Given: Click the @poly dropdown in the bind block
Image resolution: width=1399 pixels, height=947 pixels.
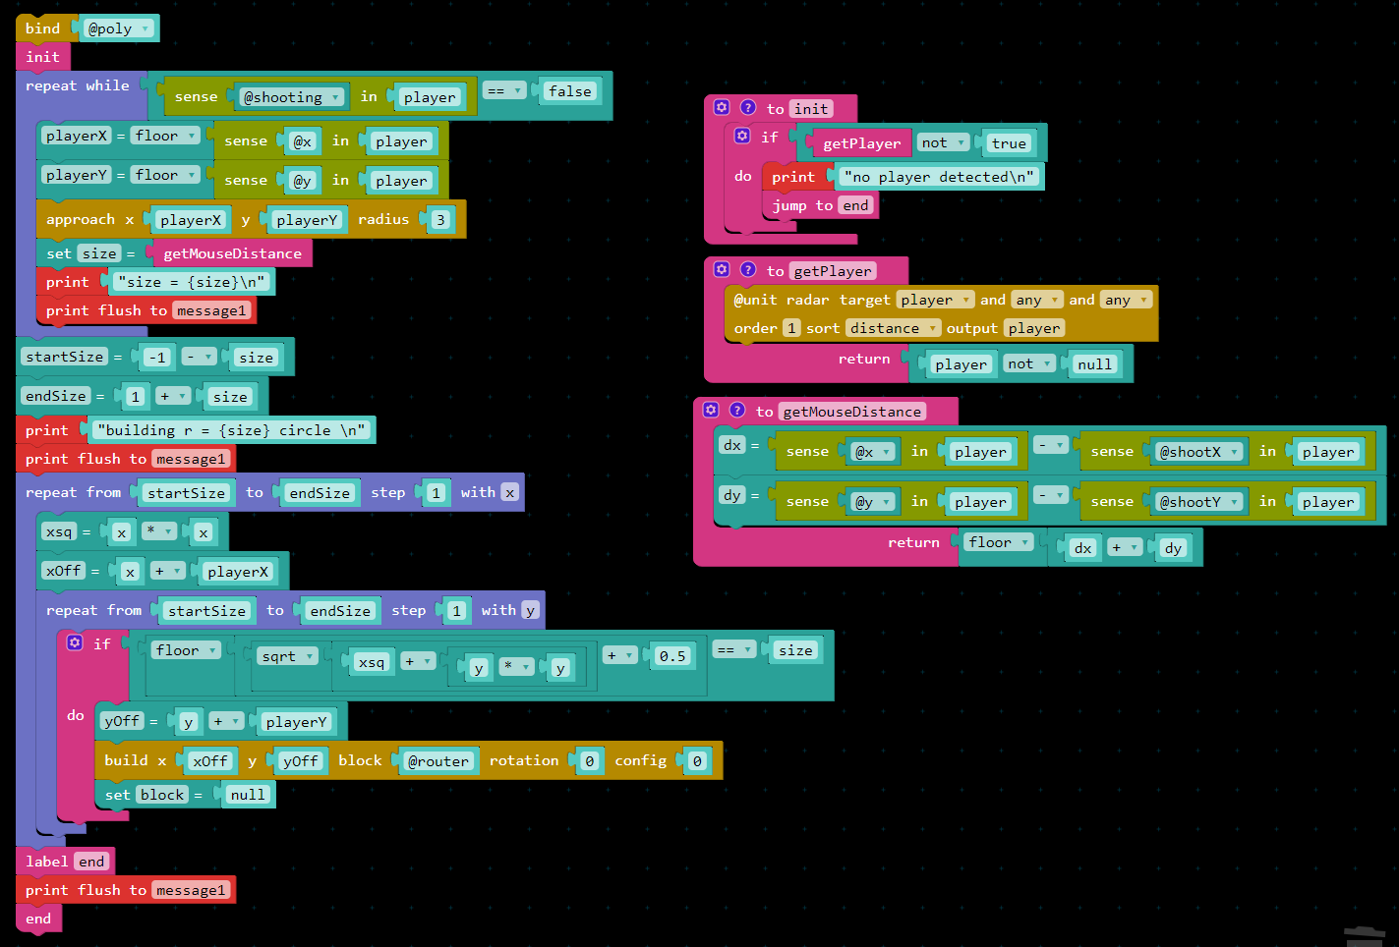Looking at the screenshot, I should pyautogui.click(x=117, y=28).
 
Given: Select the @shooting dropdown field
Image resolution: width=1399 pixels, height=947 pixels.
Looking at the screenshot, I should pyautogui.click(x=292, y=97).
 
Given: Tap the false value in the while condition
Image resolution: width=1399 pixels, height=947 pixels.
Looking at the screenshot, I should pyautogui.click(x=569, y=91).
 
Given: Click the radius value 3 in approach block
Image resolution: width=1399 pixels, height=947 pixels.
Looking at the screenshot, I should pyautogui.click(x=439, y=220).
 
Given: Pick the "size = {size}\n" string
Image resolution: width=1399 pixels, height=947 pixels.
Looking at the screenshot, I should pyautogui.click(x=191, y=282).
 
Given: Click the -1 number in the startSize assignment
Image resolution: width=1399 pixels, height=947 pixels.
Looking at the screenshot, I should pyautogui.click(x=156, y=358).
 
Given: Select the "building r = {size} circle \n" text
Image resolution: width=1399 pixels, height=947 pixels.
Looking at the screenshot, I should pyautogui.click(x=231, y=430).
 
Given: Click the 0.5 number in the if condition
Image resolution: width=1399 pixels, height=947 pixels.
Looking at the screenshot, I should pyautogui.click(x=672, y=656).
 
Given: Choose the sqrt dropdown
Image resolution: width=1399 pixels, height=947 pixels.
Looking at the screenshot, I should pyautogui.click(x=286, y=656).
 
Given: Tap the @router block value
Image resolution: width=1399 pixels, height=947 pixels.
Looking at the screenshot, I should pyautogui.click(x=438, y=761).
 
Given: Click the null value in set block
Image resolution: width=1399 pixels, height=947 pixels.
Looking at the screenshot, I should pyautogui.click(x=247, y=795).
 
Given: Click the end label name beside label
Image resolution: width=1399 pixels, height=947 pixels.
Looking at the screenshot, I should pyautogui.click(x=91, y=862).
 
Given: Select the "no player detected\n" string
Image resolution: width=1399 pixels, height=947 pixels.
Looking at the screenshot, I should pyautogui.click(x=939, y=177).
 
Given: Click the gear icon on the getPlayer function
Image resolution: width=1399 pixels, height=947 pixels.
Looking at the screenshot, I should pyautogui.click(x=722, y=270).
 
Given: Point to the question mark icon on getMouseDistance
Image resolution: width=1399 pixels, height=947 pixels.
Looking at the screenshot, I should pyautogui.click(x=737, y=411).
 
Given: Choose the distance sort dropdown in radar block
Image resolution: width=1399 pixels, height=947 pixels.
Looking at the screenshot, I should pyautogui.click(x=893, y=328).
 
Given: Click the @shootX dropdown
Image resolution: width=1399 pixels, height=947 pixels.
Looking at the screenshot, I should pyautogui.click(x=1198, y=452).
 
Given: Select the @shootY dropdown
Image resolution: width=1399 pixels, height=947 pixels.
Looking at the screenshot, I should pyautogui.click(x=1198, y=502).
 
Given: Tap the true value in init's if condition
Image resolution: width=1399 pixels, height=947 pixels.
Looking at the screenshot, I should pyautogui.click(x=1009, y=143).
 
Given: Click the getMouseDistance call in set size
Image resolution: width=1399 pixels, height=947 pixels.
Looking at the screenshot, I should pyautogui.click(x=232, y=253).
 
